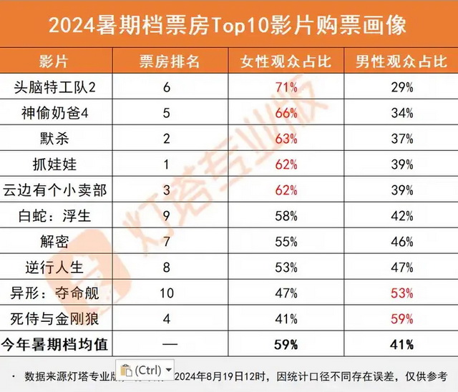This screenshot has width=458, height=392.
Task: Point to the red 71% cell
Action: pos(286,87)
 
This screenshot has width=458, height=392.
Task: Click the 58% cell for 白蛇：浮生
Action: pos(286,216)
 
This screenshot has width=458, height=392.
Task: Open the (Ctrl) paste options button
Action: pos(147,370)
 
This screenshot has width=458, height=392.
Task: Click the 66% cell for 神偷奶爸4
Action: pos(286,113)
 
